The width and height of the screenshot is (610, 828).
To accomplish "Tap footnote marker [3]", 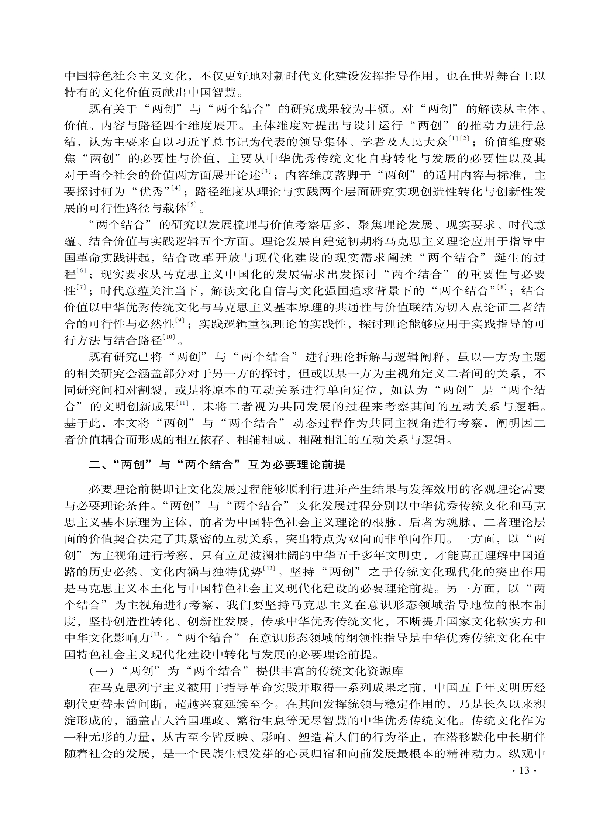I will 266,172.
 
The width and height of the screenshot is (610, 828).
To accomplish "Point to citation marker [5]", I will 192,205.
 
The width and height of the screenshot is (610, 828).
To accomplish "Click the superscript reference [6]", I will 81,271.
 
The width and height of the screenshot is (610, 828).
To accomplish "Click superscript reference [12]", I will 269,569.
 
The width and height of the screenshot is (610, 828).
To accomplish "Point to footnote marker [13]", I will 157,635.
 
